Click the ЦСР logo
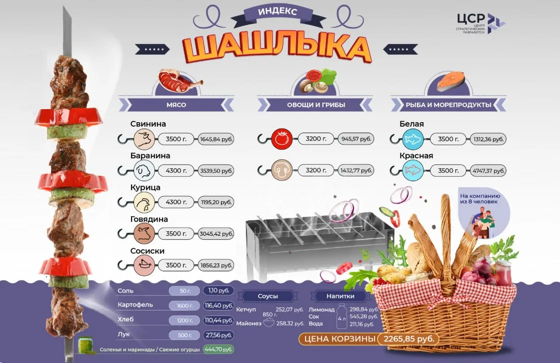pos(480,23)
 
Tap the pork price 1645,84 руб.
pos(216,139)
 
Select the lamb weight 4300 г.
pos(176,171)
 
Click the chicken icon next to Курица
pos(144,202)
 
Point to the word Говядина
pos(149,219)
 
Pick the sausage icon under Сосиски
pos(144,265)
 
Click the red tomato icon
pos(282,139)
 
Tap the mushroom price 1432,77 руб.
pos(356,171)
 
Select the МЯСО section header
pos(176,105)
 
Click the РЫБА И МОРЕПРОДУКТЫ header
pos(448,105)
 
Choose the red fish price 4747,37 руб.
pos(488,171)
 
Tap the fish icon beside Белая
pos(413,139)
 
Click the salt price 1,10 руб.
pos(218,290)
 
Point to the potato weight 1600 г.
pos(184,306)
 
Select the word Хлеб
pos(125,319)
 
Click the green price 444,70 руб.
pos(218,349)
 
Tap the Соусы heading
pos(268,296)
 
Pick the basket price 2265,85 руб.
pos(409,338)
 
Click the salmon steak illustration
pos(450,82)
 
